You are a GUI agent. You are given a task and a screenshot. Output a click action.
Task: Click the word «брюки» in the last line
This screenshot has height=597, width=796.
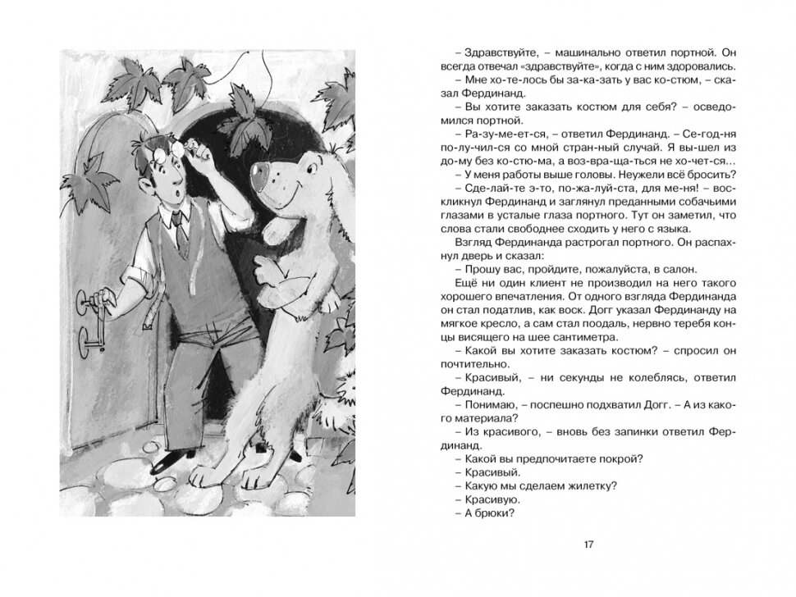point(494,513)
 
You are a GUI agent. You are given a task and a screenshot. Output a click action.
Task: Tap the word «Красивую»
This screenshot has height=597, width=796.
point(479,499)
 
